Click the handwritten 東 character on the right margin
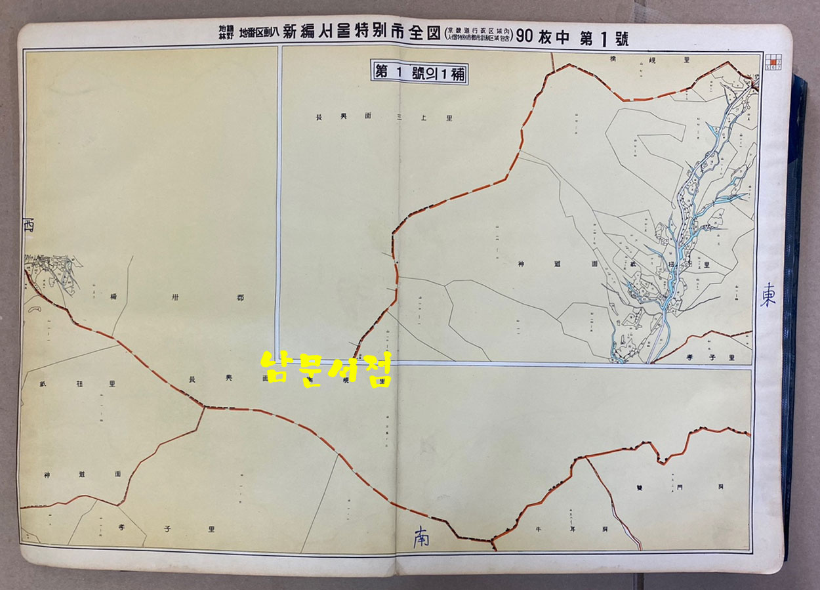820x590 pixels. tap(768, 297)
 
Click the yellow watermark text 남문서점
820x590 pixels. tap(326, 369)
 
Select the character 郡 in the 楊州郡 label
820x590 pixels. tap(240, 297)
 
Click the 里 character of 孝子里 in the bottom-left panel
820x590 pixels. tap(211, 528)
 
